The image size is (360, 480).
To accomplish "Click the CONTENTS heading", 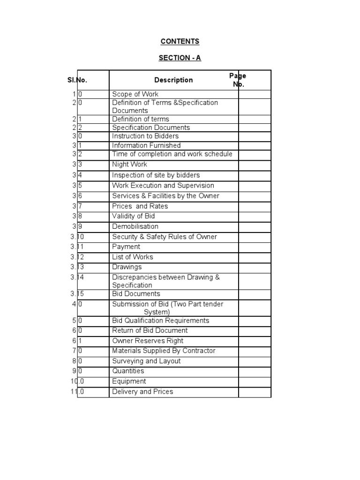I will click(180, 41).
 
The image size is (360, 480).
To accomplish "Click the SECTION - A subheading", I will click(180, 58).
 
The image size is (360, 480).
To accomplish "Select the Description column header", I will click(173, 80).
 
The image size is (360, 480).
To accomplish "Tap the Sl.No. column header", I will click(77, 80).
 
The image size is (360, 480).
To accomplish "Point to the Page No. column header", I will click(238, 80).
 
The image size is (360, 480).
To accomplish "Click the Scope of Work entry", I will click(135, 94).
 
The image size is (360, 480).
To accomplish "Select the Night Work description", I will click(129, 165).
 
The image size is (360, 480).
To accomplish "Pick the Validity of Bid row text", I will click(133, 216).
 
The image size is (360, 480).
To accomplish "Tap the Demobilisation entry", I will click(135, 226).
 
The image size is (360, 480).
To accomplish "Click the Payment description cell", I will click(126, 247).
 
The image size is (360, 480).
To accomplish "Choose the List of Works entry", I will click(132, 257).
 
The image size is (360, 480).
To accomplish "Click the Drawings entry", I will click(127, 267).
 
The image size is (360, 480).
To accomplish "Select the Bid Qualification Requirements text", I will click(160, 321).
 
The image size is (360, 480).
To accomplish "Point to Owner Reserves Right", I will click(148, 341).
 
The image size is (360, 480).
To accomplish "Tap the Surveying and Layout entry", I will click(146, 361).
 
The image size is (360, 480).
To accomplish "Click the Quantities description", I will click(128, 371).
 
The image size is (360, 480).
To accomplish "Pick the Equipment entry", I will click(129, 381).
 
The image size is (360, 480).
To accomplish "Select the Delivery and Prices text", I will click(142, 391).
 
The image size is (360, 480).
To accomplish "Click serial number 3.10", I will click(78, 237).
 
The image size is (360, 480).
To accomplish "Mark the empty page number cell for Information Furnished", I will click(255, 145).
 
